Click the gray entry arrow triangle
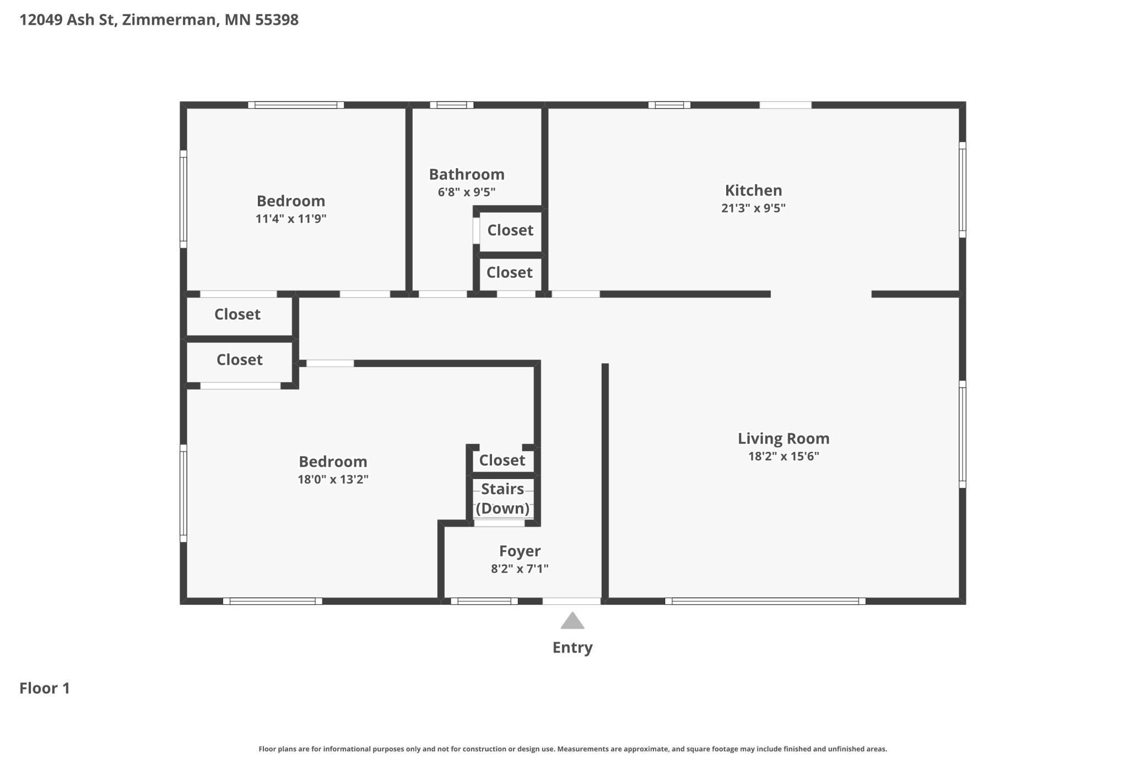click(572, 622)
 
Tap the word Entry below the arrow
click(572, 647)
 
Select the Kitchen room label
click(753, 191)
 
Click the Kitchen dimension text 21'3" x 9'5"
click(753, 208)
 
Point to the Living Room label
click(783, 439)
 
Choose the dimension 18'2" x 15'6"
click(783, 456)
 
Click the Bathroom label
click(467, 175)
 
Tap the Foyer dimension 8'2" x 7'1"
click(520, 569)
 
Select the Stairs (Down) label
click(502, 498)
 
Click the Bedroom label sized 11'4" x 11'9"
click(291, 201)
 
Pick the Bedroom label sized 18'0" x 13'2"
click(333, 462)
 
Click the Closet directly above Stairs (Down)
click(502, 460)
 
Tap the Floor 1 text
click(45, 688)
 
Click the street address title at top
click(159, 20)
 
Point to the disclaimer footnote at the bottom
click(572, 749)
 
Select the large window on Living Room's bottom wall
click(765, 601)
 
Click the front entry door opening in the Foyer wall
click(571, 601)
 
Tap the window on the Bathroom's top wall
click(452, 105)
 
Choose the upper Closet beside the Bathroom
click(510, 230)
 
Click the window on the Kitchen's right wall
click(963, 190)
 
